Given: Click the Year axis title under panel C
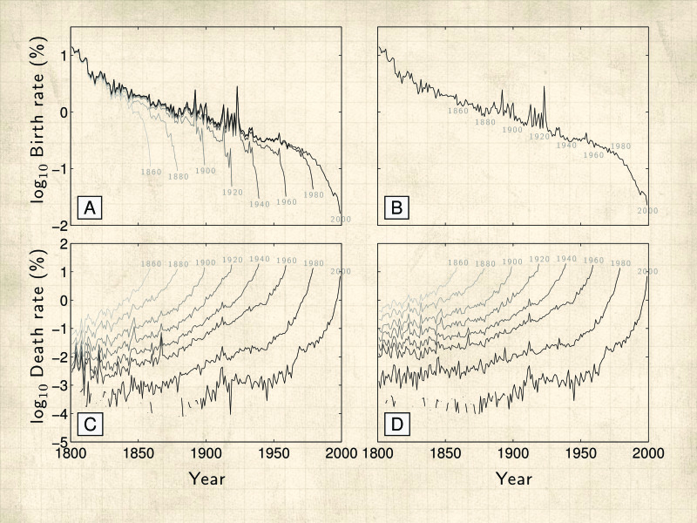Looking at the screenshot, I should [x=206, y=479].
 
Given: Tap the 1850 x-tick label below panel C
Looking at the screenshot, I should [x=138, y=454].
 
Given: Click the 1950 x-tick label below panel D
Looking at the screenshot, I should [x=580, y=454].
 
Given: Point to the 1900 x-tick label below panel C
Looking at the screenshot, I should [x=206, y=454].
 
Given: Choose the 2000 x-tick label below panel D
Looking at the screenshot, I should [x=647, y=454].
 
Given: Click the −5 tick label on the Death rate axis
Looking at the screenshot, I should [x=59, y=442].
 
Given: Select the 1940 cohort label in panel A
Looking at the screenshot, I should [x=260, y=203].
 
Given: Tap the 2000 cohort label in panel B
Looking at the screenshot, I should [x=647, y=210].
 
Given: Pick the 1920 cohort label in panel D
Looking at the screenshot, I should [x=539, y=259].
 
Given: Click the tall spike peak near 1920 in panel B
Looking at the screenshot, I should [x=544, y=87].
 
